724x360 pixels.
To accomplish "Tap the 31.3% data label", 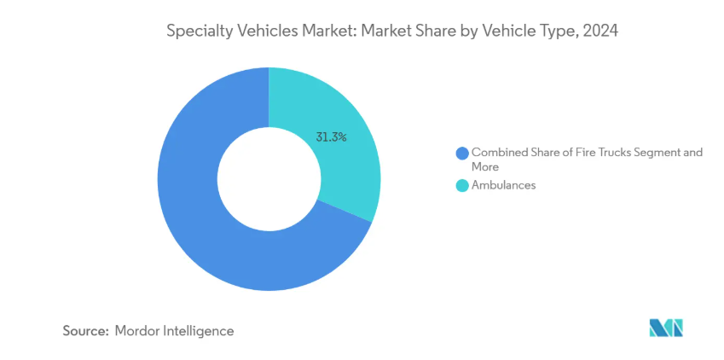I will (x=331, y=136).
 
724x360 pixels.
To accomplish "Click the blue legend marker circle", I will (x=463, y=154).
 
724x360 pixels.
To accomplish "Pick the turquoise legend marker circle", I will (x=463, y=185).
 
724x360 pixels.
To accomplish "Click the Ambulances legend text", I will (x=504, y=185).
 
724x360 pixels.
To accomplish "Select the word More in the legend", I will (x=485, y=167).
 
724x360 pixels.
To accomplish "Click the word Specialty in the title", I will (x=197, y=32).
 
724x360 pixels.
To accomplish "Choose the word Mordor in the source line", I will (x=137, y=330).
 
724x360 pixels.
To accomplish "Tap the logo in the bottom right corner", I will (x=666, y=328).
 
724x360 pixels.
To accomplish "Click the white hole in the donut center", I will (x=269, y=179).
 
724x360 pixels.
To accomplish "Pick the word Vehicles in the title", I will (x=264, y=32).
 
